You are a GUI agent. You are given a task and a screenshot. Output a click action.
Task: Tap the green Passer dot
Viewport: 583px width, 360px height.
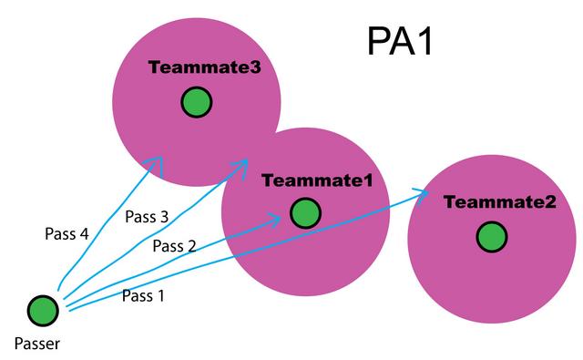point(43,311)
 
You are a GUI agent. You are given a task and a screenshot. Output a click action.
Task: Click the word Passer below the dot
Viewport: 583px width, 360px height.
point(37,345)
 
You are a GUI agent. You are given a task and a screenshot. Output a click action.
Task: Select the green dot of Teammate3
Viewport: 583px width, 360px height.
point(195,103)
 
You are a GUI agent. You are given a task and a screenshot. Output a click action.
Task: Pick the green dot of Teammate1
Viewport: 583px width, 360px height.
point(305,213)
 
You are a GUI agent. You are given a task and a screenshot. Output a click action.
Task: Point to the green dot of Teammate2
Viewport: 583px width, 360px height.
point(491,237)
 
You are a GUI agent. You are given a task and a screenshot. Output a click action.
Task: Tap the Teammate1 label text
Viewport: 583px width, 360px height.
point(317,180)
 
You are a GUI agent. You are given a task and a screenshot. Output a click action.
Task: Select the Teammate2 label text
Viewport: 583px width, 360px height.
point(500,201)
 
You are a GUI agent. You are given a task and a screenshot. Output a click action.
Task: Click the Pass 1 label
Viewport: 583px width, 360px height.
point(143,295)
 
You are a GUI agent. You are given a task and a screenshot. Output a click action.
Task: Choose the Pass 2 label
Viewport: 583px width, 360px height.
point(174,245)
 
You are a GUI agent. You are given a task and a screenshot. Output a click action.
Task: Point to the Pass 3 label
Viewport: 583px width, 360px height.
point(146,217)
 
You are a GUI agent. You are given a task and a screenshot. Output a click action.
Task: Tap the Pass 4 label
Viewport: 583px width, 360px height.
point(66,233)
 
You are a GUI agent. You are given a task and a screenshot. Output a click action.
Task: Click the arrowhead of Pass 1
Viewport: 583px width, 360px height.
point(424,191)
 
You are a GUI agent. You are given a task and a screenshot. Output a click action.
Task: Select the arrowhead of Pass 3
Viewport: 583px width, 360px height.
point(244,164)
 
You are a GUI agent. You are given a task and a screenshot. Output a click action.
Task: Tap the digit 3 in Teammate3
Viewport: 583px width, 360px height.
point(243,67)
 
